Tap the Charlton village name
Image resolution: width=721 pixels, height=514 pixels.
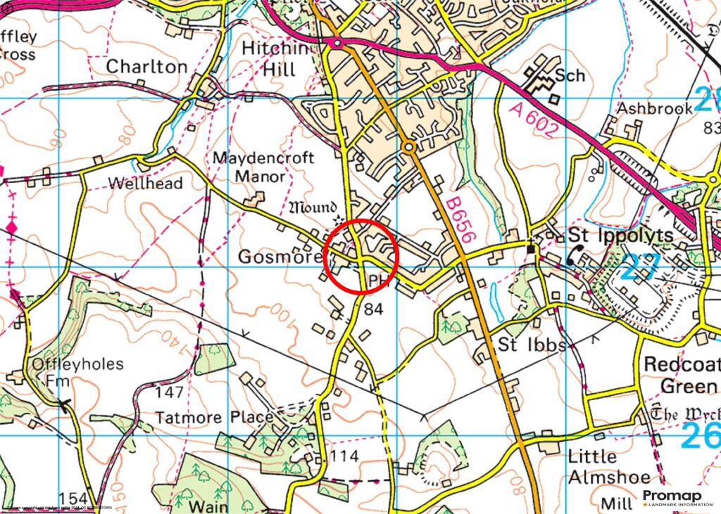[146, 67]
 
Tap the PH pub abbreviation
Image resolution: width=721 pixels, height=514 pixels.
[379, 281]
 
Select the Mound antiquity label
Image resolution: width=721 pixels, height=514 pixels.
[315, 208]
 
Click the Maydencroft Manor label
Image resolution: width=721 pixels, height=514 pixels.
[263, 167]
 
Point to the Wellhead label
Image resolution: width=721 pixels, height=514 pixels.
[145, 184]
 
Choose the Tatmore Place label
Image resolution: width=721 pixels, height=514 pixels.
[213, 418]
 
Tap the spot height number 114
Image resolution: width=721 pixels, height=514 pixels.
[344, 456]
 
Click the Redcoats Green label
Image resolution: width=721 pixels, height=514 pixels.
[682, 375]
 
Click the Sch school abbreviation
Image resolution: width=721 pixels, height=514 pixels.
[570, 75]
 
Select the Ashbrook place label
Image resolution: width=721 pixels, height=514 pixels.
[645, 109]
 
